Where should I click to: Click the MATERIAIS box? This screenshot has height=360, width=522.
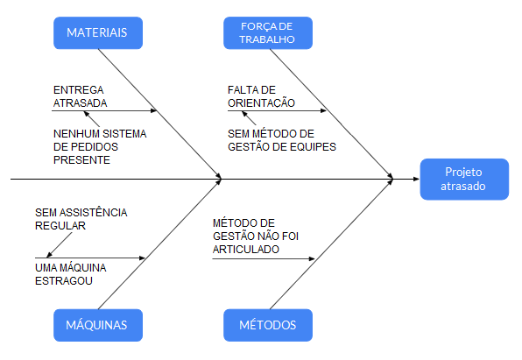pyautogui.click(x=97, y=32)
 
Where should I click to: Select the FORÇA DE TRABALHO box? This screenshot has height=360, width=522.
pyautogui.click(x=268, y=32)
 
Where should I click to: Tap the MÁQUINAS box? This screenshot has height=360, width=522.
pyautogui.click(x=97, y=325)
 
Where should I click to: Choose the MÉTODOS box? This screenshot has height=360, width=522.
pyautogui.click(x=268, y=325)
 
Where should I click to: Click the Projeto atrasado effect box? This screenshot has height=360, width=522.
pyautogui.click(x=463, y=180)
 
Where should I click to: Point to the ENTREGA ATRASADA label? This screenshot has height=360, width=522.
pyautogui.click(x=80, y=95)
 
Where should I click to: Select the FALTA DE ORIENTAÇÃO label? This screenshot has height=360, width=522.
pyautogui.click(x=261, y=95)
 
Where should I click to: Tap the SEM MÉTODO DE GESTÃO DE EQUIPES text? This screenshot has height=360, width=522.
pyautogui.click(x=281, y=139)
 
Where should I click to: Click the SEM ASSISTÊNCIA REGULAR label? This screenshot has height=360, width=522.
pyautogui.click(x=81, y=218)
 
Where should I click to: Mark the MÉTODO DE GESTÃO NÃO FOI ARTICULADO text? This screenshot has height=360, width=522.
pyautogui.click(x=250, y=236)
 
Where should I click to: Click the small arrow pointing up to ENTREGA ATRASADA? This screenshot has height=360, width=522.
pyautogui.click(x=85, y=116)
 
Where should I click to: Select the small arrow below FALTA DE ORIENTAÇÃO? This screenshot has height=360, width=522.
pyautogui.click(x=234, y=116)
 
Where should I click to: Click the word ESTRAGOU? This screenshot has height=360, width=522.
pyautogui.click(x=65, y=281)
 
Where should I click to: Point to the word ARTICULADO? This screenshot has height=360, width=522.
pyautogui.click(x=246, y=250)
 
